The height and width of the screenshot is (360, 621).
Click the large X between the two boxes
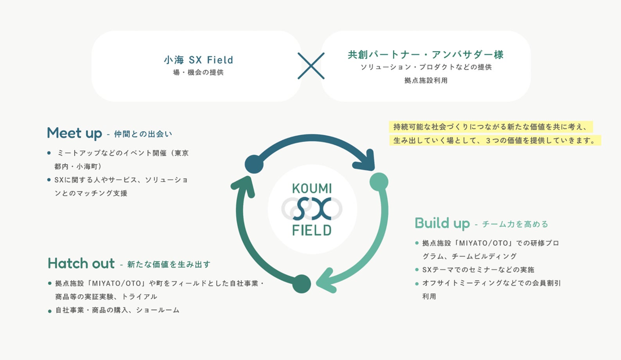pos(311,66)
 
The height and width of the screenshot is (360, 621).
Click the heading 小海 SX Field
pos(198,60)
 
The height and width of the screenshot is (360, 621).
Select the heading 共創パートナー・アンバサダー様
pos(425,54)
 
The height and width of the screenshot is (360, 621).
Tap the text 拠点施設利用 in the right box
pos(426,80)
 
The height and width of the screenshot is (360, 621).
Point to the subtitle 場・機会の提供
pos(198,72)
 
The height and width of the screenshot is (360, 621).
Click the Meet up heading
pos(74,133)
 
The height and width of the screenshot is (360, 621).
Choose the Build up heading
pos(442,223)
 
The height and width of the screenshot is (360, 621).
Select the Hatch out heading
pos(81,263)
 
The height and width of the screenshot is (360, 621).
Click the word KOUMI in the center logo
pos(312,189)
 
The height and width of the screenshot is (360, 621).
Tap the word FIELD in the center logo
pos(312,230)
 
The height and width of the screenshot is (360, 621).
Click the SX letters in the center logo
pos(312,209)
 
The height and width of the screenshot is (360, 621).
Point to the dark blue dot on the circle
pos(254,164)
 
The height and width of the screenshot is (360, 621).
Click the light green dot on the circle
pos(379,182)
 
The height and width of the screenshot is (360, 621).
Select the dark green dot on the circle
pos(302,284)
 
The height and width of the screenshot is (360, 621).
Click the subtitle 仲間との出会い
pos(143,134)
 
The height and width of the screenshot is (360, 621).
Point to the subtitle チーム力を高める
pos(515,224)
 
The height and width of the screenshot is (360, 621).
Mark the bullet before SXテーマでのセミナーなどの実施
pos(417,270)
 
